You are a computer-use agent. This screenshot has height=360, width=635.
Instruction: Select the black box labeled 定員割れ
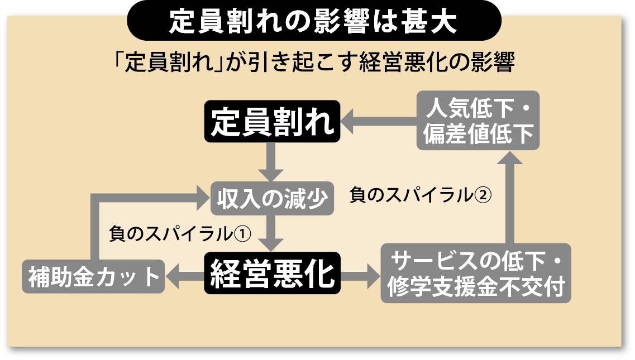(x=272, y=120)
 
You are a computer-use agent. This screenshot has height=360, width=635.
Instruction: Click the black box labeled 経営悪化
(x=272, y=273)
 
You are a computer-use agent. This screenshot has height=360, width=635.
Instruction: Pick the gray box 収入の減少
(x=272, y=198)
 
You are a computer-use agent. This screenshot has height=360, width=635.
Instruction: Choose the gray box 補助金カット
(x=93, y=276)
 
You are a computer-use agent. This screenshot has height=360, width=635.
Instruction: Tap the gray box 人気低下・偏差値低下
(x=479, y=120)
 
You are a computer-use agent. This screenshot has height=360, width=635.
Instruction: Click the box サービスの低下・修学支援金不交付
(x=476, y=273)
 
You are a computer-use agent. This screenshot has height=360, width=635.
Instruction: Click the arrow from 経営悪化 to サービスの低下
(x=360, y=275)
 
